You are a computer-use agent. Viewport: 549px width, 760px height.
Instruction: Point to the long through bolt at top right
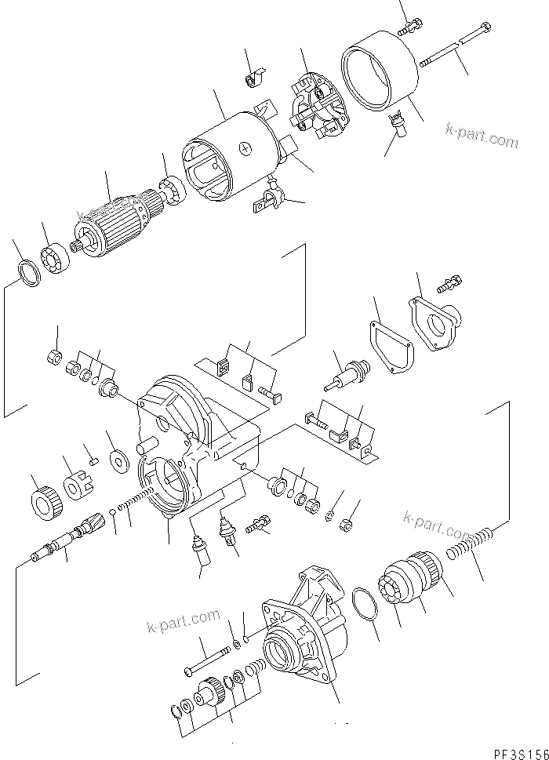(x=456, y=47)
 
